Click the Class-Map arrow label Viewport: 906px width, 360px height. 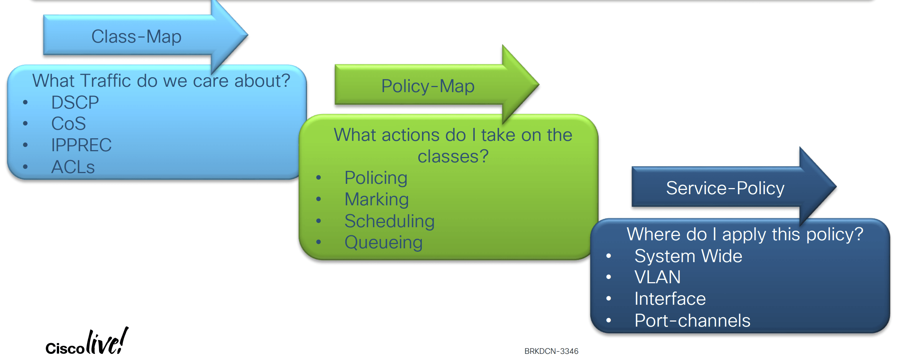[x=136, y=37]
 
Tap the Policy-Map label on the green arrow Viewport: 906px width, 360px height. [x=428, y=86]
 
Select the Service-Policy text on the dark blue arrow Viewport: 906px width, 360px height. [x=725, y=188]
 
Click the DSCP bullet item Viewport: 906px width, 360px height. [x=75, y=102]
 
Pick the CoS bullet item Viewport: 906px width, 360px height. [x=69, y=124]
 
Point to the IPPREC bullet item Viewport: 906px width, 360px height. [x=81, y=145]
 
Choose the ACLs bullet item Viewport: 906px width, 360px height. [x=73, y=167]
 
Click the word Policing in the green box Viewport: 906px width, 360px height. [x=376, y=178]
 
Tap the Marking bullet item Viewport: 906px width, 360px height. [x=377, y=200]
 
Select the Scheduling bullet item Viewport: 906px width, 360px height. [x=389, y=221]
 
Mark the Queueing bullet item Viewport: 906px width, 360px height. [x=384, y=243]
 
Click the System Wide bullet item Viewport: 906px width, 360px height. [x=688, y=256]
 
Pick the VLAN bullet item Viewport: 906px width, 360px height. [x=658, y=277]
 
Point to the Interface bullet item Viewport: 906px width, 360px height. [x=670, y=299]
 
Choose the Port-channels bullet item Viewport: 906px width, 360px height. [x=692, y=320]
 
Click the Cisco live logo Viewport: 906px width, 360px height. [x=87, y=341]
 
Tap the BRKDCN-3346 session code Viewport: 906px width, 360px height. [x=551, y=351]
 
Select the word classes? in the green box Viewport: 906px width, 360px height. [x=453, y=157]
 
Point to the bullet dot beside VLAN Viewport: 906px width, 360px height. [x=609, y=277]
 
